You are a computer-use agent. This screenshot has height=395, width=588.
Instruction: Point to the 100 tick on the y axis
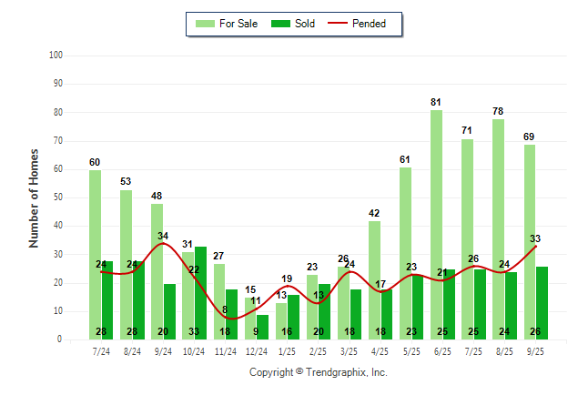point(56,56)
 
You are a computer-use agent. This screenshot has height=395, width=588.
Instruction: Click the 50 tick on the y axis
point(57,197)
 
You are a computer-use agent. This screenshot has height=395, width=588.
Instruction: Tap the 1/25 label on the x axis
point(288,350)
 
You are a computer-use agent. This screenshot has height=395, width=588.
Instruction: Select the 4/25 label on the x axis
point(380,350)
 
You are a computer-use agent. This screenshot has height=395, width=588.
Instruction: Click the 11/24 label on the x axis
point(225,350)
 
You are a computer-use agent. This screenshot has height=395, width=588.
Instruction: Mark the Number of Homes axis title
point(35,197)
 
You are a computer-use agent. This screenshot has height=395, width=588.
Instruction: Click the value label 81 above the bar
point(437,102)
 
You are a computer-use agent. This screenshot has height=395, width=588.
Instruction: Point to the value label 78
point(499,111)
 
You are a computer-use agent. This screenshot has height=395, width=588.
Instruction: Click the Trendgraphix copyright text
point(319,372)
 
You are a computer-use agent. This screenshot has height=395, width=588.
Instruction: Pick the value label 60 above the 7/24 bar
point(95,162)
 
